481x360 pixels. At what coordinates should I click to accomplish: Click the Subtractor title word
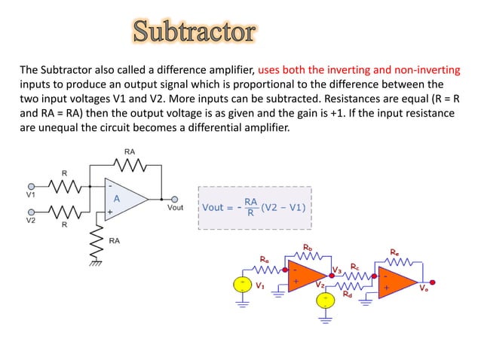click(x=194, y=32)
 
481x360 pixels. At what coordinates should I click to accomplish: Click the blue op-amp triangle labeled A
click(x=123, y=199)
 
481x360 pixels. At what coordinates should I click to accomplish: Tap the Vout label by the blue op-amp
click(x=174, y=208)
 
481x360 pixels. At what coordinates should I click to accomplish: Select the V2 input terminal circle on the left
click(x=31, y=212)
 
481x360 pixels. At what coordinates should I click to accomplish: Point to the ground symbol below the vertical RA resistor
click(x=97, y=264)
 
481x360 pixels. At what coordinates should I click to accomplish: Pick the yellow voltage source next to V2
click(x=326, y=300)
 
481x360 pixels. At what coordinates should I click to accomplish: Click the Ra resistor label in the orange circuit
click(x=264, y=260)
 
